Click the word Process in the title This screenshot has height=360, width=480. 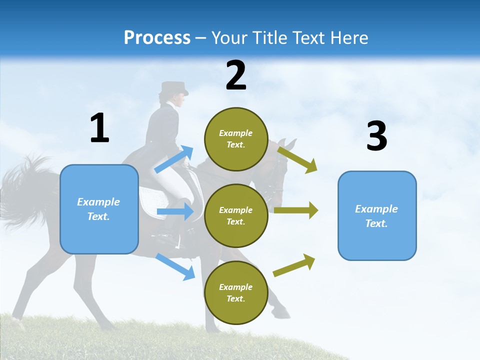157,38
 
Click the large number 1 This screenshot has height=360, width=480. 99,128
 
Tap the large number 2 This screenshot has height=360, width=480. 236,75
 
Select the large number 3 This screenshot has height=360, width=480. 376,136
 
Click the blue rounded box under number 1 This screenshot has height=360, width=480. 99,209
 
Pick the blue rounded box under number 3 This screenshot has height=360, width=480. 377,216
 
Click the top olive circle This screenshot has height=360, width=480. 236,139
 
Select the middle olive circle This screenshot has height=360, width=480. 236,216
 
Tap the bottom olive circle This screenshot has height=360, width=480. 236,293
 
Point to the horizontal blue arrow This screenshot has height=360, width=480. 175,212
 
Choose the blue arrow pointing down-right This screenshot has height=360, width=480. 175,266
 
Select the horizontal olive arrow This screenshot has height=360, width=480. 296,210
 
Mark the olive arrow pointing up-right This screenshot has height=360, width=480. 294,265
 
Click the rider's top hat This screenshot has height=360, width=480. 174,88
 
